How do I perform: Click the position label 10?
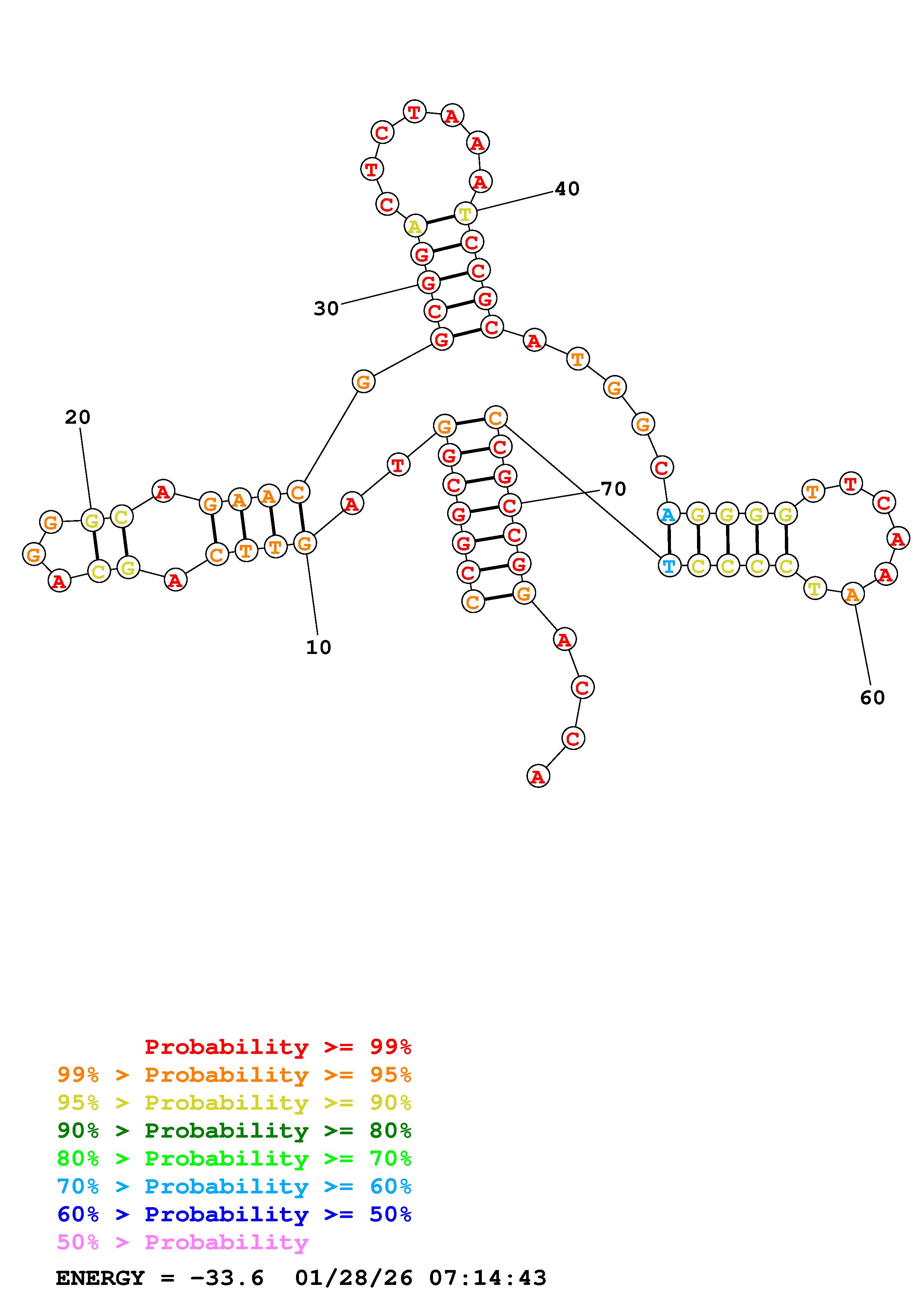[318, 647]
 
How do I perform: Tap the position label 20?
[77, 418]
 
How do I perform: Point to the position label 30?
[326, 309]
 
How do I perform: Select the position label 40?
[567, 189]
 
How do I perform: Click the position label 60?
[872, 698]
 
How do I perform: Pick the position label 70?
[614, 489]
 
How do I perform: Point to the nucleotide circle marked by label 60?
[852, 594]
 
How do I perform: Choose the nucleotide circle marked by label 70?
[510, 505]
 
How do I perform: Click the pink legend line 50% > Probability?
[182, 1243]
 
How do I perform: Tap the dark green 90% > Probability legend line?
[234, 1131]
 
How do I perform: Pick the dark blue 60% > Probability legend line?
[234, 1215]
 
